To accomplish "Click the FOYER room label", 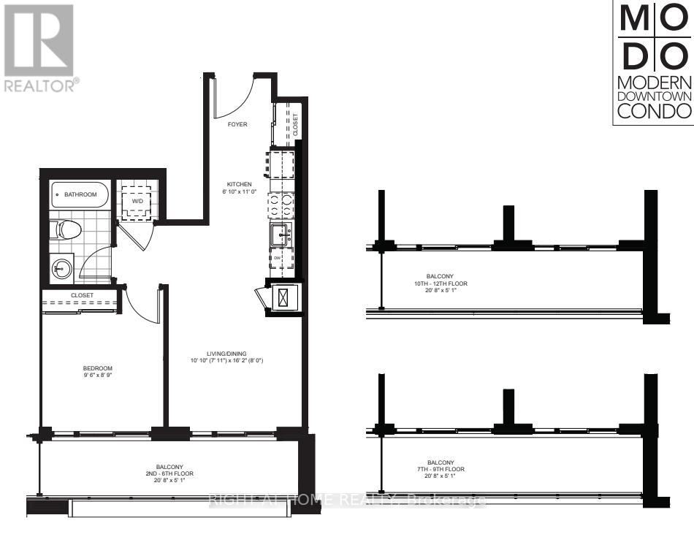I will [237, 124].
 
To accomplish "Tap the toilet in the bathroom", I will [68, 229].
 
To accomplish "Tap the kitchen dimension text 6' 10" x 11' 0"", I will [239, 191].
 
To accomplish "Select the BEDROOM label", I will [96, 367].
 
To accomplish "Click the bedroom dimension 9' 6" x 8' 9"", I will [96, 376].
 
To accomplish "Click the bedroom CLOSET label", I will [81, 296].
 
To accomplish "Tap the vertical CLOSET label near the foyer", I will [296, 125].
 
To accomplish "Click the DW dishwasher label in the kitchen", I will [278, 258].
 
